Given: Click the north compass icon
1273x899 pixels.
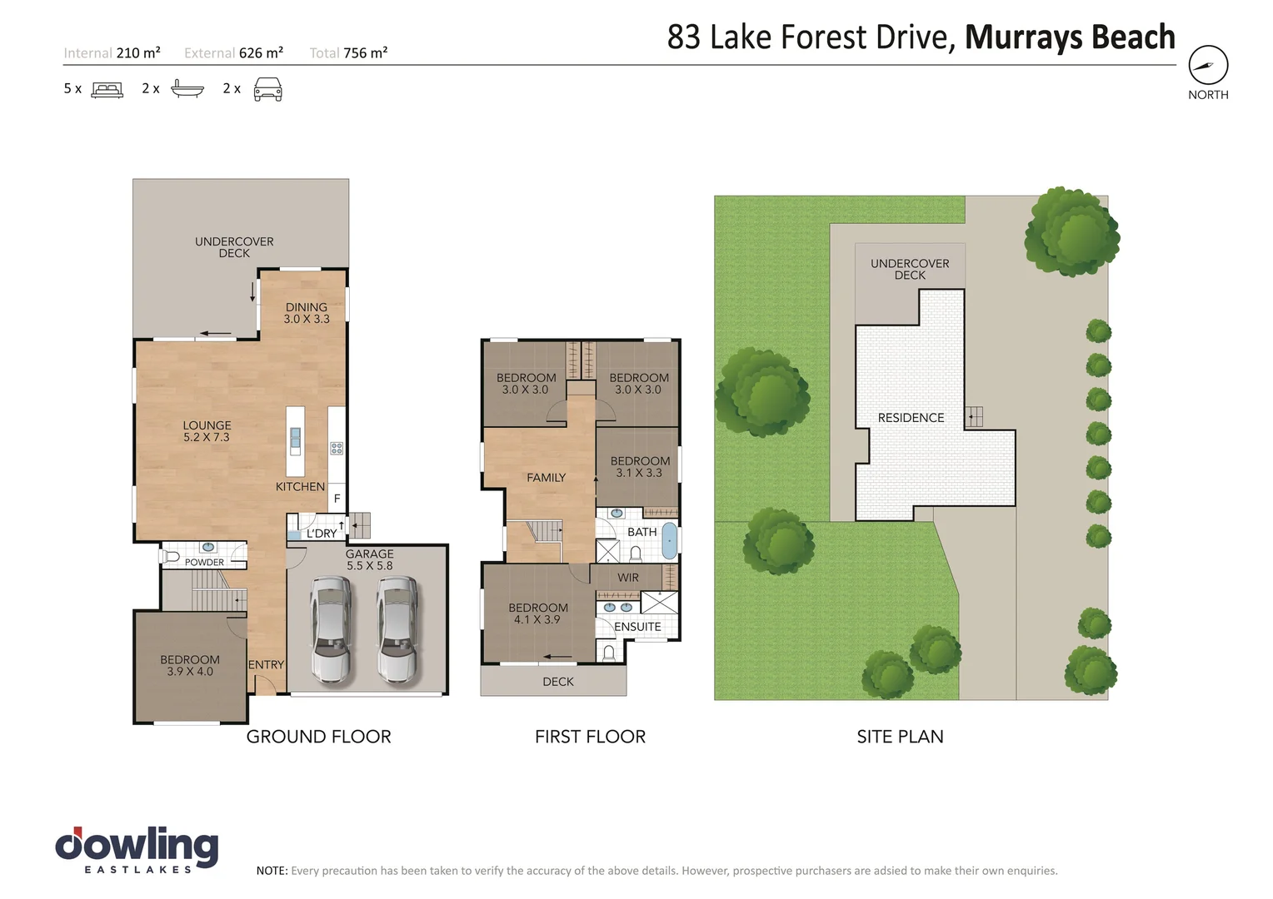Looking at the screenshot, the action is tap(1208, 65).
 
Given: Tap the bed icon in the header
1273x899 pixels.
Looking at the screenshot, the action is tap(107, 90).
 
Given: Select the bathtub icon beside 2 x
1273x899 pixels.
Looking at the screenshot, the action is tap(187, 88).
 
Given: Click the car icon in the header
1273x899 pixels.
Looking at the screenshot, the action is tap(267, 89).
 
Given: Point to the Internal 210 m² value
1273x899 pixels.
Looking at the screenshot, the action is tap(138, 52).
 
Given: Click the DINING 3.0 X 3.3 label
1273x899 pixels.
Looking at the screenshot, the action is tap(307, 313).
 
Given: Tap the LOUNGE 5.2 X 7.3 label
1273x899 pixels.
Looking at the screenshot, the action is tap(207, 431).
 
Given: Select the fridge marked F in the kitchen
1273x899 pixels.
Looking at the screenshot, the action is tap(337, 498).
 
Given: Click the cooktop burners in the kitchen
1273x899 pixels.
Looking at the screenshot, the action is tap(337, 449).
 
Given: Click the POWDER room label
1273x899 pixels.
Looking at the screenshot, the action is tap(204, 562).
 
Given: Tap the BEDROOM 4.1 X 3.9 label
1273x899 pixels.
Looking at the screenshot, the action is tap(537, 613).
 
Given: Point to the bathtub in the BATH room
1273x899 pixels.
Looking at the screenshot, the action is tap(670, 541).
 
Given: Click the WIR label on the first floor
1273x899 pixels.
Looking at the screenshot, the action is tap(628, 578).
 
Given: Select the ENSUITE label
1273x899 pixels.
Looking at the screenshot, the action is tap(637, 627).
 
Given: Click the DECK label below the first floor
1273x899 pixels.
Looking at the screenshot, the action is tap(558, 682).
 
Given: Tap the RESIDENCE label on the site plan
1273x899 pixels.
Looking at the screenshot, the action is tap(911, 418).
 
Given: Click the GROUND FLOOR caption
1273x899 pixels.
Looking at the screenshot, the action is tap(319, 737).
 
